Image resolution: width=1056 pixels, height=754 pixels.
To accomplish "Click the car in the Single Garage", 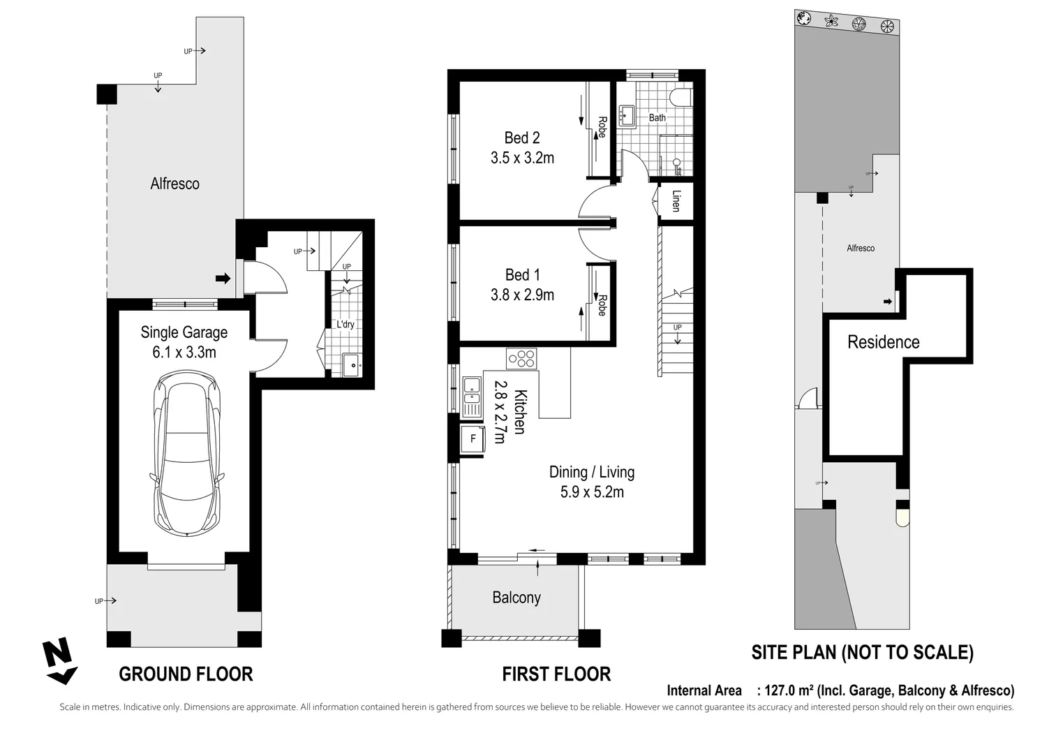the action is pos(186,454).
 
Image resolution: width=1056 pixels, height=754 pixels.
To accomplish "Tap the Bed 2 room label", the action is pos(522,138).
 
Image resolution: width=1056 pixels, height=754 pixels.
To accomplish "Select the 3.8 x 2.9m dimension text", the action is pos(522,295).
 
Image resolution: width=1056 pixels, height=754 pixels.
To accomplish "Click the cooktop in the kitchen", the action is pos(521,358).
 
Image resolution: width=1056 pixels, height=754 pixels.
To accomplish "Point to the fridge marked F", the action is pos(473,439).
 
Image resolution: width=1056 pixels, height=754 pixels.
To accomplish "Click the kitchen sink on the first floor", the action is pos(471,397).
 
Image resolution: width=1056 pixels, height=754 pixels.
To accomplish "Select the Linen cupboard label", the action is pos(676,201).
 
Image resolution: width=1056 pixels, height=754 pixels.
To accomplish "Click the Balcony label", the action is pos(516,598).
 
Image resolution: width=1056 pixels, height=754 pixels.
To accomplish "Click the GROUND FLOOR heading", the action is pos(186,674).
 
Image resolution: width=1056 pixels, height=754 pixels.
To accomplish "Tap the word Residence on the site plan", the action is pos(883,342).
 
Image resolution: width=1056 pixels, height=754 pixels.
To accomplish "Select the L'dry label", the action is pos(345,325).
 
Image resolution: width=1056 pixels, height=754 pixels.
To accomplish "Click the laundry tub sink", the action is pos(352,365).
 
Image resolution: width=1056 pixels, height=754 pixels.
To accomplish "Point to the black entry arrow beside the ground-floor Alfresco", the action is pos(223,278).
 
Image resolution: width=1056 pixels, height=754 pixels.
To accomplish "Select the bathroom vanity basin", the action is pos(627,116).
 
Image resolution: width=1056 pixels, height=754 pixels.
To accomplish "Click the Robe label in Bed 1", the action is pos(602,305).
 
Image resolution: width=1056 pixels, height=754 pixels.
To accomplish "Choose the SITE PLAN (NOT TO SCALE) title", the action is pos(862,652).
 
